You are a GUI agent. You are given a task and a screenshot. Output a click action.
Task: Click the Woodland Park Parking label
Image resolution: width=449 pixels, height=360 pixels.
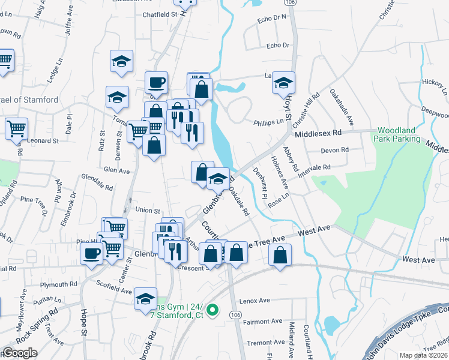(x=405, y=135)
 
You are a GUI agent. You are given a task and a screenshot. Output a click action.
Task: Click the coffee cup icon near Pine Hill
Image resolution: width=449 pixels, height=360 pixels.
(x=92, y=253)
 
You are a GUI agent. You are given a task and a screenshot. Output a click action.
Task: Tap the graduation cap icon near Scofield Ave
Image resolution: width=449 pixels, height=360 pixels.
(x=145, y=298)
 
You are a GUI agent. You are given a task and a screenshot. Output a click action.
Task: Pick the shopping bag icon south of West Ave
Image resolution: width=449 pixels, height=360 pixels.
(x=280, y=255)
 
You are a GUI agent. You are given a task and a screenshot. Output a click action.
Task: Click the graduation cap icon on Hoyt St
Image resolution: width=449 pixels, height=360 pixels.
(x=284, y=83)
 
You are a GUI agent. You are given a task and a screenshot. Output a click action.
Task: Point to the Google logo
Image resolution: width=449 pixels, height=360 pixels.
(x=20, y=353)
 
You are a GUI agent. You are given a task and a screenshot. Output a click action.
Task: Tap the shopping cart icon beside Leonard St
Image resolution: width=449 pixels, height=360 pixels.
(x=16, y=128)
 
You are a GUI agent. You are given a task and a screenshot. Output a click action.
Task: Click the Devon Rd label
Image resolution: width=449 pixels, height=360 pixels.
(x=335, y=150)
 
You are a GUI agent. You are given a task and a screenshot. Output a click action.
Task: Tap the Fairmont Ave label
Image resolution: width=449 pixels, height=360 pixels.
(x=263, y=322)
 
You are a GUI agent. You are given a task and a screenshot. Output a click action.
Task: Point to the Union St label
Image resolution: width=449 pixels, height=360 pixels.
(x=148, y=211)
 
